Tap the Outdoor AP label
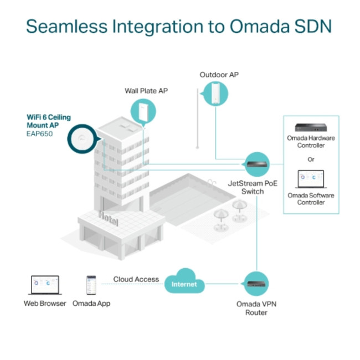[x=219, y=75]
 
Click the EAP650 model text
[x=40, y=133]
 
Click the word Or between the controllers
[x=310, y=160]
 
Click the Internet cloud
[x=184, y=284]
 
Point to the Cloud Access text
[x=136, y=279]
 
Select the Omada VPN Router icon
[x=256, y=284]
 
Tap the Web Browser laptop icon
[x=44, y=285]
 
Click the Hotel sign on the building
[x=109, y=218]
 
